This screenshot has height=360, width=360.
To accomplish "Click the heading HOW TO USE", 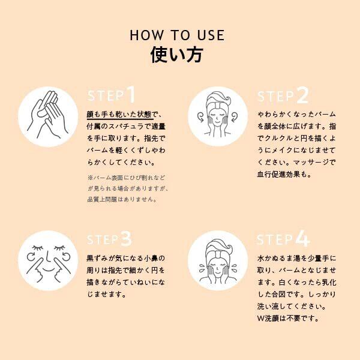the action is [177, 35].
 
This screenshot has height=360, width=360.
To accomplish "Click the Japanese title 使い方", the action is [177, 55].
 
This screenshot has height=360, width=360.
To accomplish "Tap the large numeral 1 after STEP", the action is [131, 94].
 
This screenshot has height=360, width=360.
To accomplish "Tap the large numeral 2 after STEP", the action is [302, 95].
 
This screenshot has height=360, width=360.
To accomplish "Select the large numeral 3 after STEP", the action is [126, 239].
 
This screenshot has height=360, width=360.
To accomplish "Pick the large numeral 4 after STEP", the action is [303, 239].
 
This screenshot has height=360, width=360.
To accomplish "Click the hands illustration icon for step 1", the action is [48, 116].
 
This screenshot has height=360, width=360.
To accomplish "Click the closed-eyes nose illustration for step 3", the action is [48, 261].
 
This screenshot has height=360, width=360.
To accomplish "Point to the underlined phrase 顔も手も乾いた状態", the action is [119, 114].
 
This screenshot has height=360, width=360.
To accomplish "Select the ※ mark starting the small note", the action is [90, 178].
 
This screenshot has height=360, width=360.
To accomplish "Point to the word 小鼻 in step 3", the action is [151, 258].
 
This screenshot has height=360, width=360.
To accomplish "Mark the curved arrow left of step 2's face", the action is [201, 116].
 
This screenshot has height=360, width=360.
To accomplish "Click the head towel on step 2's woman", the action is [217, 100].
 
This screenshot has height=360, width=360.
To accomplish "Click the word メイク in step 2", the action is [283, 151].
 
